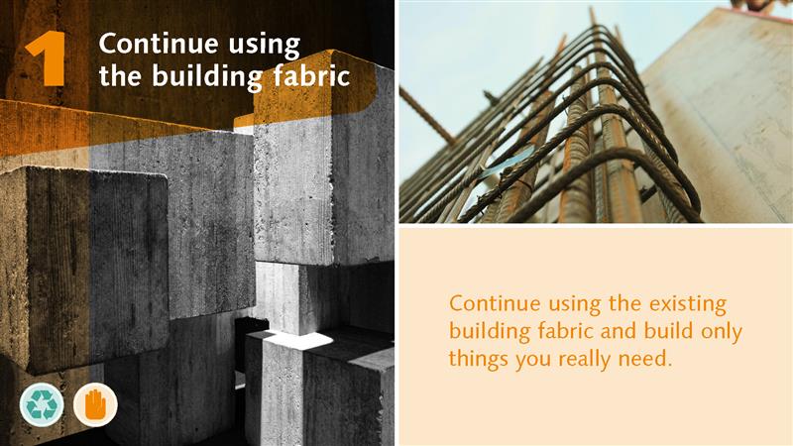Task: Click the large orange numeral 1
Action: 47,58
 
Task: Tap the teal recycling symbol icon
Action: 42,404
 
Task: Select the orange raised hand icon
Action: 95,404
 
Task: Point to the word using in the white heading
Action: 265,47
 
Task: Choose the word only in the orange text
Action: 722,333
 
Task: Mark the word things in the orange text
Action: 478,360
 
